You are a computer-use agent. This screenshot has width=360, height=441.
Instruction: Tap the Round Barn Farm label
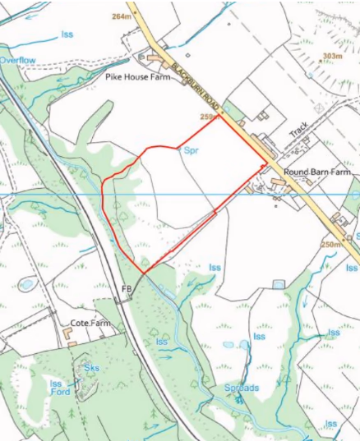pos(316,172)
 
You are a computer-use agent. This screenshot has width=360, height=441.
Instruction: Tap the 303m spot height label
pos(331,56)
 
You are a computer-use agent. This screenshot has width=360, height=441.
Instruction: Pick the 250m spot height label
pos(332,245)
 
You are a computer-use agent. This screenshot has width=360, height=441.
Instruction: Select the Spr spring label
pos(192,151)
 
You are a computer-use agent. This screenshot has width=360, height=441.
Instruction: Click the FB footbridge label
pos(127,289)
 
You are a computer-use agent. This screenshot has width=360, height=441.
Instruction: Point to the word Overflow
pos(18,61)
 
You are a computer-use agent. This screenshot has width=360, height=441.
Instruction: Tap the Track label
pos(298,132)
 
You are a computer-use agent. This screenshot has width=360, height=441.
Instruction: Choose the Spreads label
pos(242,388)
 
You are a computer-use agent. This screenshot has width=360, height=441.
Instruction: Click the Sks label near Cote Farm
pos(91,368)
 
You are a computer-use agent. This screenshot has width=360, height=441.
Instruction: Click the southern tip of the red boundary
pos(144,273)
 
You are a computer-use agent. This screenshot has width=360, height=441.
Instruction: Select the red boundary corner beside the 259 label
pos(219,115)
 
